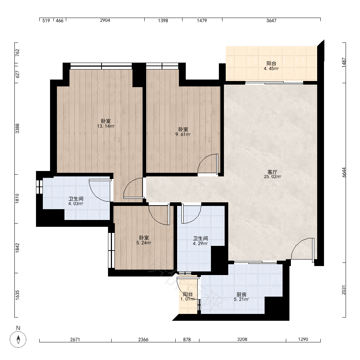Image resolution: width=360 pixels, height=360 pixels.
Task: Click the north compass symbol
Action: [18, 339]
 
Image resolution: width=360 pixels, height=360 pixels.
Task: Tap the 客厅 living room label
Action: [272, 172]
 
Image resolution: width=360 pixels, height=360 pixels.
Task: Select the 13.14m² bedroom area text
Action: [106, 126]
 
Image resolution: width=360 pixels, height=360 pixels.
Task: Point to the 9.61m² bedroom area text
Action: [183, 135]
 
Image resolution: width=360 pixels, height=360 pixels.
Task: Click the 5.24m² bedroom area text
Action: [144, 243]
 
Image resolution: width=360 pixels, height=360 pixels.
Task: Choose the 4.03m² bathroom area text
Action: [76, 204]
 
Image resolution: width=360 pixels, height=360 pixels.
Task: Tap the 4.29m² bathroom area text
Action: [201, 243]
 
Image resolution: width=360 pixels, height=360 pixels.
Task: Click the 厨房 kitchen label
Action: [241, 294]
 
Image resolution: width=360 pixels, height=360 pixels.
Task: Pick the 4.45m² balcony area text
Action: [271, 68]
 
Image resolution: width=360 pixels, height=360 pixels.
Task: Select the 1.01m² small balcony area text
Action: [188, 299]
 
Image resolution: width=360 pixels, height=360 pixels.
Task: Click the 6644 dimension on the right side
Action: [344, 172]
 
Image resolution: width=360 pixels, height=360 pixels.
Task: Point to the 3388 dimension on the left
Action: [17, 129]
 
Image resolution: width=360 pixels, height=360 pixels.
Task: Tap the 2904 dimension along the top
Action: [105, 21]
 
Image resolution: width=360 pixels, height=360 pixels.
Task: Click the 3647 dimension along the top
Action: [271, 21]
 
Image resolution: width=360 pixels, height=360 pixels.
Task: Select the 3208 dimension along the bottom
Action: [242, 339]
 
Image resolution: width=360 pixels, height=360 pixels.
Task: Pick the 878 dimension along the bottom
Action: [187, 339]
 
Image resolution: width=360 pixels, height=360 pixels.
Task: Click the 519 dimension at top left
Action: [46, 21]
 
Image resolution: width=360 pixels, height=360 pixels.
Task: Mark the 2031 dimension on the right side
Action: [344, 290]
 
